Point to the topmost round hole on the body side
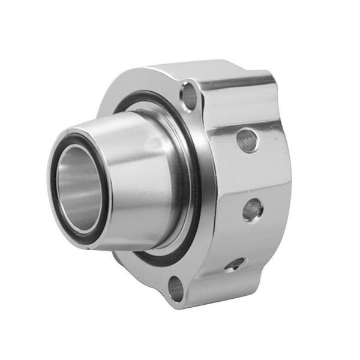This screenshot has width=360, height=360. [247, 140]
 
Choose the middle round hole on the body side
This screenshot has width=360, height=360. [252, 209]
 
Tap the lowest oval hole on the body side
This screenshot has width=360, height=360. [235, 264]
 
